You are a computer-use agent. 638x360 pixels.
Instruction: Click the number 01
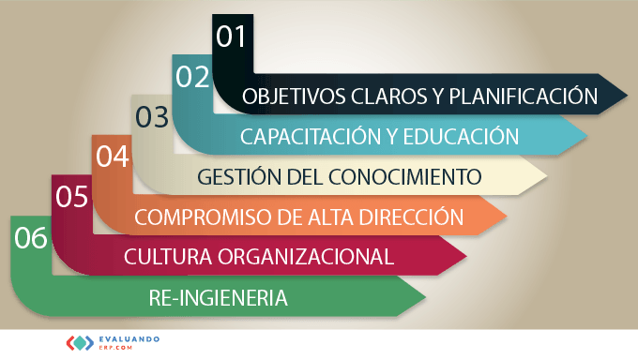(x=231, y=37)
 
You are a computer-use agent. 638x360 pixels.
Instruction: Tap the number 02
(x=193, y=77)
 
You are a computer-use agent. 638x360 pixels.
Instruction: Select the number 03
(x=152, y=117)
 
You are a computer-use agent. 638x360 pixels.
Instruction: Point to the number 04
(x=113, y=157)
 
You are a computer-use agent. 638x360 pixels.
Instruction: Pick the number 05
(x=72, y=197)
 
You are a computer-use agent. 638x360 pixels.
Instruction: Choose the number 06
(x=31, y=237)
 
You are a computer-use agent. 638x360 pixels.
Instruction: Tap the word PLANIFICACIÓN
(x=524, y=96)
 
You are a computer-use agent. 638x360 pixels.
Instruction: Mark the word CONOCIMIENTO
(x=405, y=177)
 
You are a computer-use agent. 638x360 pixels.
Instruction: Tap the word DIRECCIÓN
(x=412, y=216)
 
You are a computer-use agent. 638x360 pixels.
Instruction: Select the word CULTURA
(x=168, y=257)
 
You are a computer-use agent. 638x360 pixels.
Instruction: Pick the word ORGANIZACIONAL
(x=306, y=257)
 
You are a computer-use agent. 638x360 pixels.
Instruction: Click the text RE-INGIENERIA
(x=218, y=298)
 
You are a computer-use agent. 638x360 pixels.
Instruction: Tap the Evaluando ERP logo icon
(x=80, y=343)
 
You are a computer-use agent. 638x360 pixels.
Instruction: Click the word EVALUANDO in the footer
(x=129, y=339)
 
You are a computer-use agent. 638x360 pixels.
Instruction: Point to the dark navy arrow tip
(x=627, y=96)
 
